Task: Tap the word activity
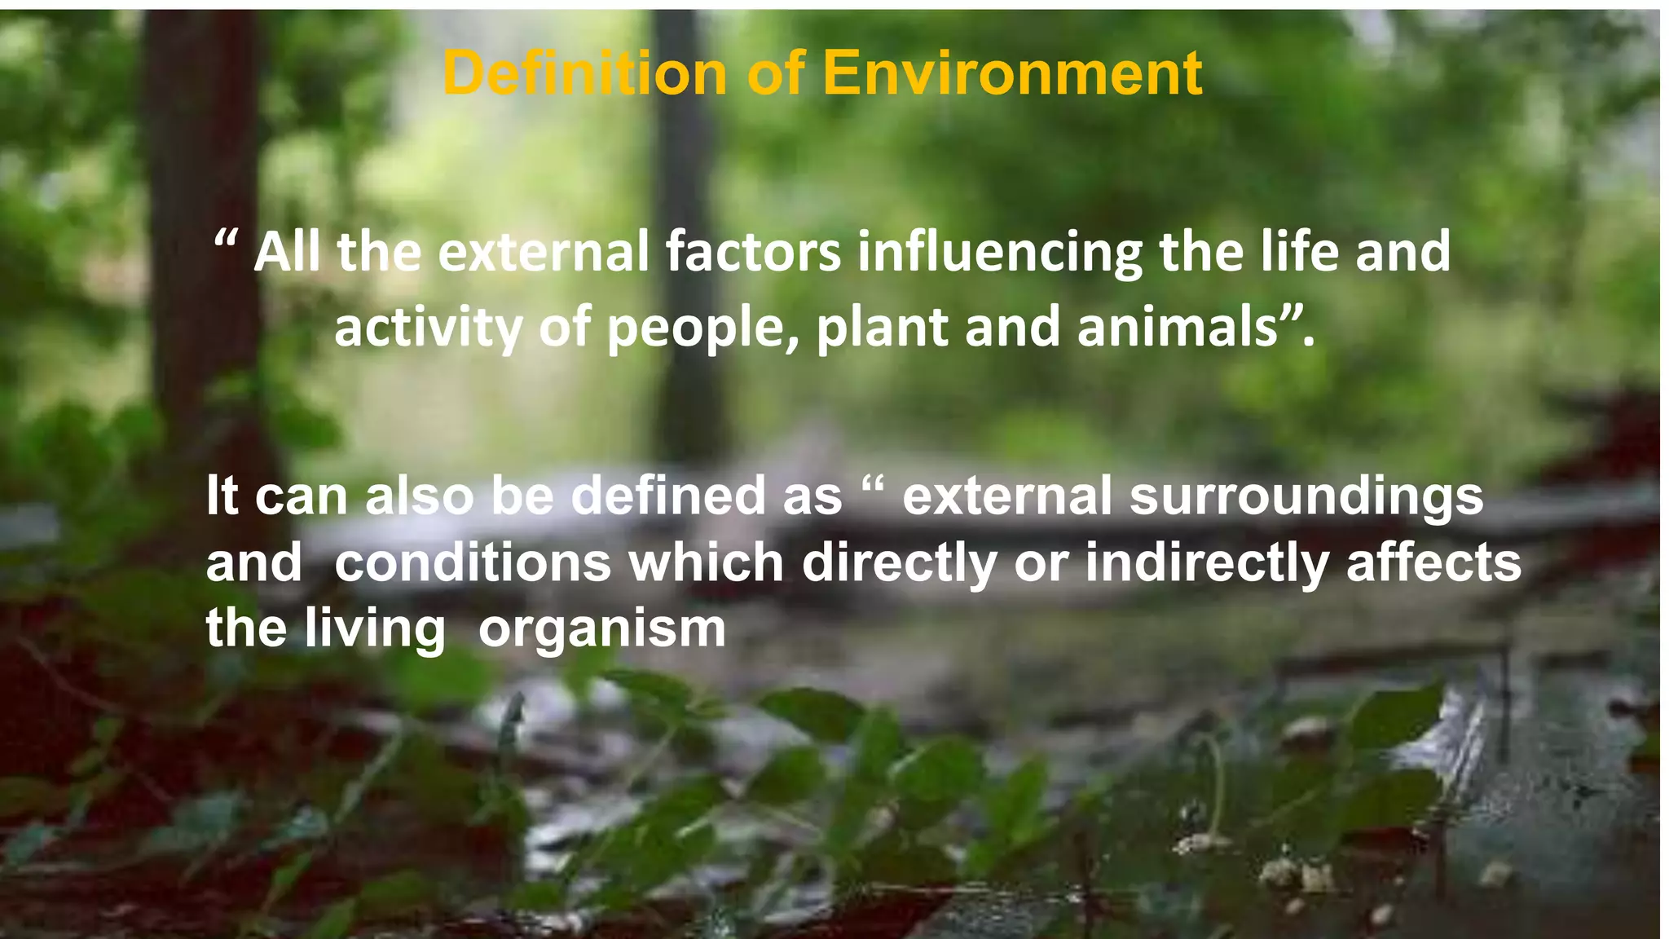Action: [x=427, y=328]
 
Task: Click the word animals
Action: [x=1178, y=328]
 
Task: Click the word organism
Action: [x=601, y=630]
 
